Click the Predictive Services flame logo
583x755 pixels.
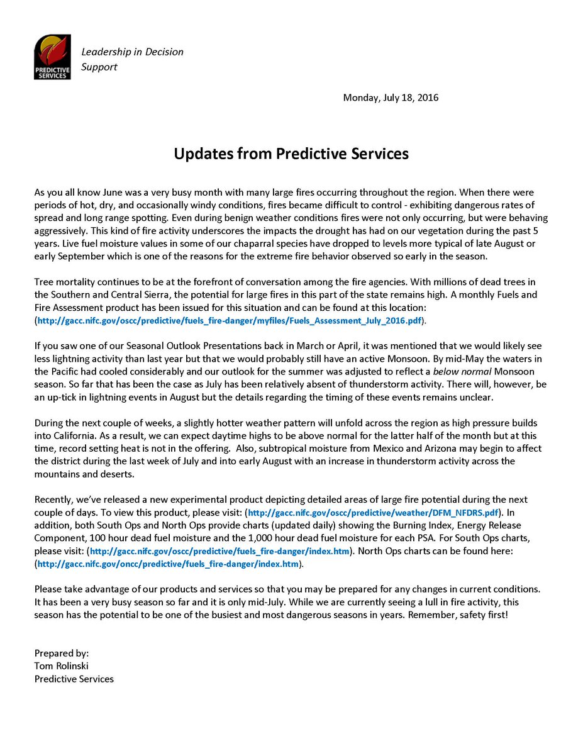52,57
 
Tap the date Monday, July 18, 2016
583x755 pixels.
391,98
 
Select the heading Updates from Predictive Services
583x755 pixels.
291,154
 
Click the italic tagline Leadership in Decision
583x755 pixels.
132,52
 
